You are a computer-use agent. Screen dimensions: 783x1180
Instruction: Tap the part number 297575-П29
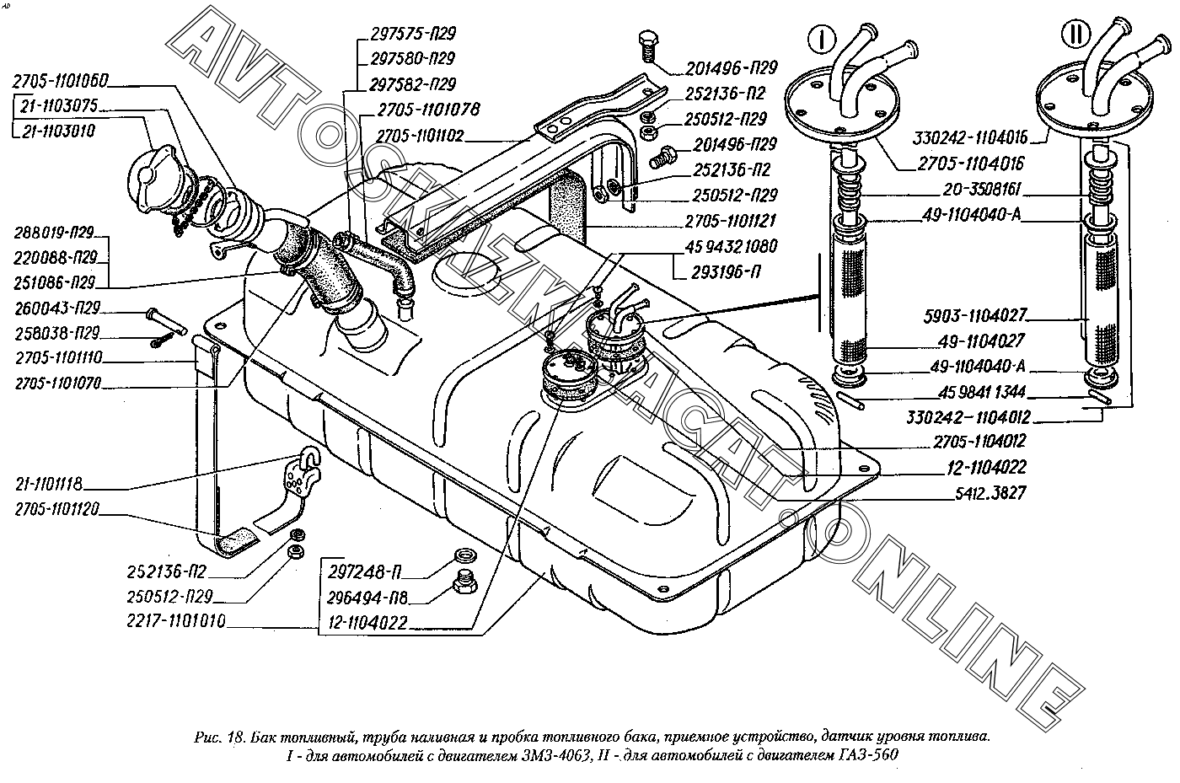[x=413, y=35]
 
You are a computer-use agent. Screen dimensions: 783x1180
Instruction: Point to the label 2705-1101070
[x=58, y=383]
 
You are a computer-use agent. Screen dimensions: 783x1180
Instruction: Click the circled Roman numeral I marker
[x=823, y=40]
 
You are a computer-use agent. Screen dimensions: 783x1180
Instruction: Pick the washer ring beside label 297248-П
[x=464, y=556]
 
